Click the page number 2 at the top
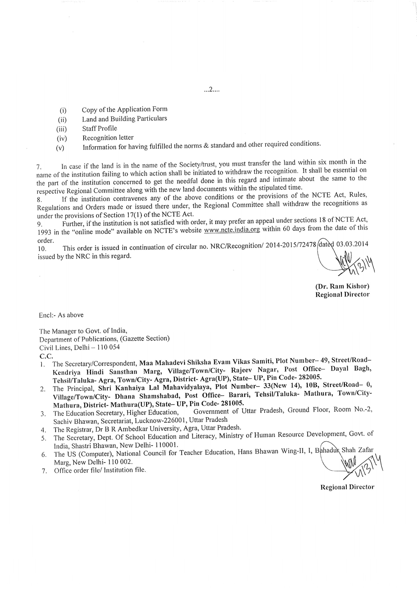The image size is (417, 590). click(211, 90)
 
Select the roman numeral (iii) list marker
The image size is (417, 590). click(62, 129)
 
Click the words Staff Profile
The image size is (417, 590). click(100, 128)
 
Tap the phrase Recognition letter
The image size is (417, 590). click(108, 138)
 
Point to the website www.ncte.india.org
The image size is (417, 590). click(232, 229)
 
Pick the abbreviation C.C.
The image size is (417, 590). click(46, 356)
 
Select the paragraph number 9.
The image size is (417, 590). click(40, 224)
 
